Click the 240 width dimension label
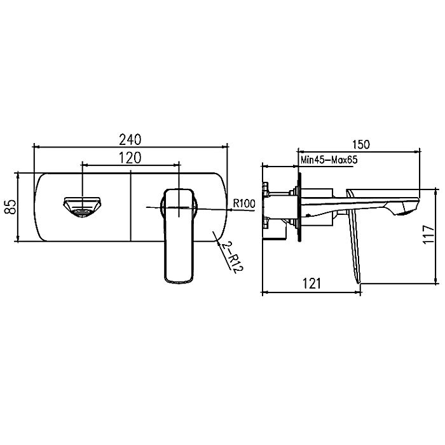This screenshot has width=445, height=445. click(130, 139)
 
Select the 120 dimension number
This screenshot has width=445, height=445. click(130, 158)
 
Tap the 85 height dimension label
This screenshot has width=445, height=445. click(11, 207)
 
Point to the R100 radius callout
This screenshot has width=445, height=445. click(244, 203)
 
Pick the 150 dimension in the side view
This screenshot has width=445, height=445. click(361, 144)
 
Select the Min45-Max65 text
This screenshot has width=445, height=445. click(329, 160)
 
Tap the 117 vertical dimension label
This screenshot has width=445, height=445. click(428, 234)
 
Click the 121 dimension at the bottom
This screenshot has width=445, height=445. click(312, 284)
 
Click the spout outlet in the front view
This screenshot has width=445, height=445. click(83, 207)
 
